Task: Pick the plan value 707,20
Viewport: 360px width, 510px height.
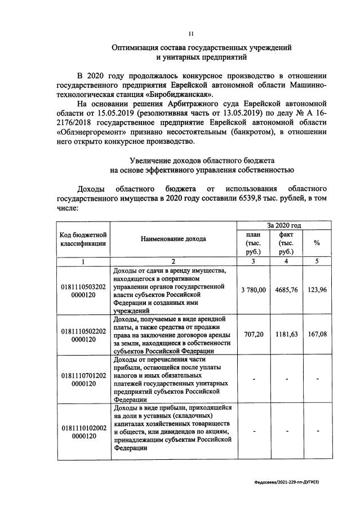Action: click(254, 334)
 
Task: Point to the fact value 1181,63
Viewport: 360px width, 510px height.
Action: click(286, 334)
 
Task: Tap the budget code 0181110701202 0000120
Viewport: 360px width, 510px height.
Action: click(83, 379)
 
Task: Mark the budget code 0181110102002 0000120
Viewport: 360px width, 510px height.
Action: click(83, 432)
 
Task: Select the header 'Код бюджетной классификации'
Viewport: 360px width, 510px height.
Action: click(83, 239)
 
